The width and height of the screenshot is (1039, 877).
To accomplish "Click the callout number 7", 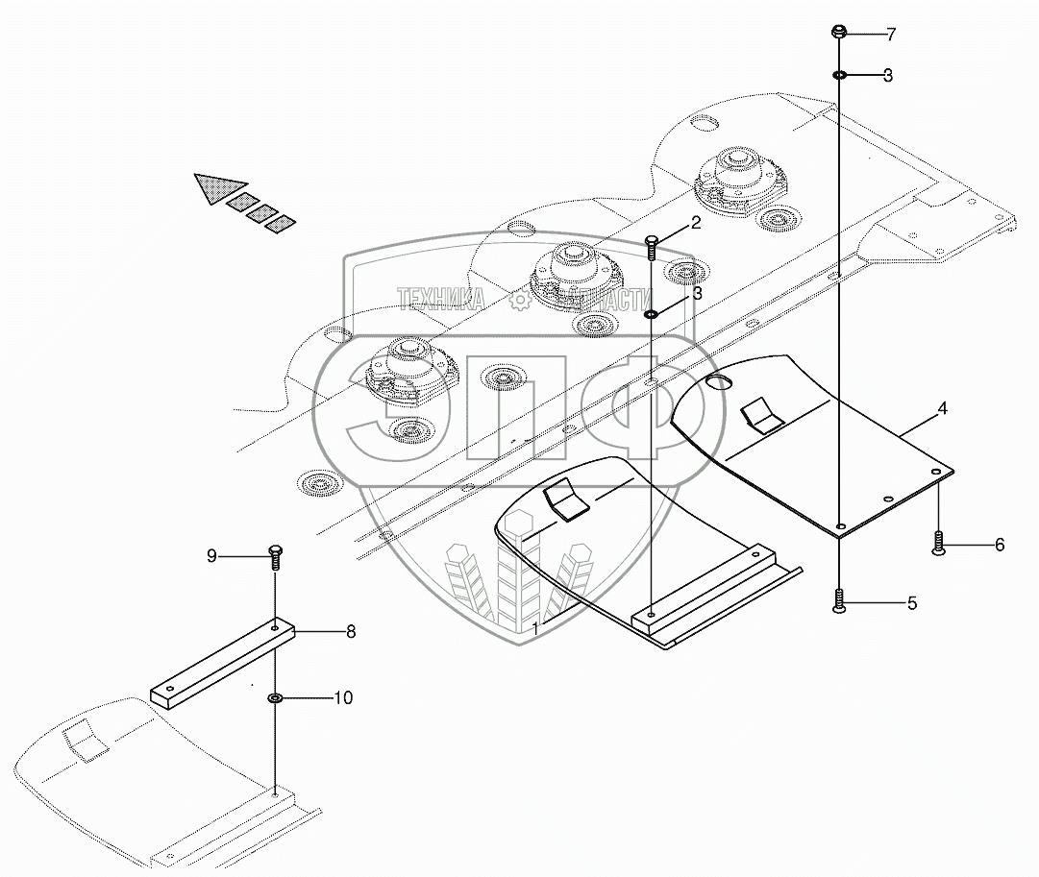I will [x=891, y=36].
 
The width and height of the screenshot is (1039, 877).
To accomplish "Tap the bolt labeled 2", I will [x=652, y=247].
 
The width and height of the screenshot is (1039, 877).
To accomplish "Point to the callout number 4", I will [x=942, y=409].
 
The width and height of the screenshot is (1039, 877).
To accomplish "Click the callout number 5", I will [x=911, y=603].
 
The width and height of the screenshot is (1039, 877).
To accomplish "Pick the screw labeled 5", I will [x=839, y=601].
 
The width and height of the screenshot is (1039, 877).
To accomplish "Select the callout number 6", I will [x=999, y=545].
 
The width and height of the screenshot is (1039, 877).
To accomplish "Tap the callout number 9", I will [x=212, y=555].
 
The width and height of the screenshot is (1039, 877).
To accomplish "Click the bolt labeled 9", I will [x=274, y=554].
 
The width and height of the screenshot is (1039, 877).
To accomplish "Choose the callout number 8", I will [x=350, y=632].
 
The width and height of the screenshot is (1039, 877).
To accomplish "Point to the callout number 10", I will [x=342, y=697].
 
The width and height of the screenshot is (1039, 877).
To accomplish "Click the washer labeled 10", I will [x=275, y=697].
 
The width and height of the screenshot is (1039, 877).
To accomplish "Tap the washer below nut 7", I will [x=839, y=75].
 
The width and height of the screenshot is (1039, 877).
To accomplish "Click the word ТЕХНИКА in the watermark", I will [x=441, y=299].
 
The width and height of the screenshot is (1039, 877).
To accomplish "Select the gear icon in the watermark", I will [x=519, y=301].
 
